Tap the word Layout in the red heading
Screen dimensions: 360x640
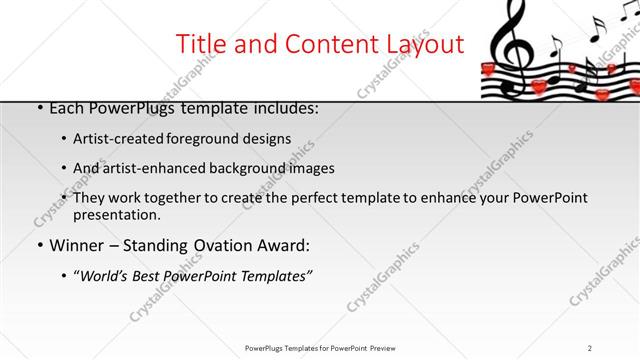click(x=421, y=44)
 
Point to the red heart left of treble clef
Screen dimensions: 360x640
click(x=488, y=70)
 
